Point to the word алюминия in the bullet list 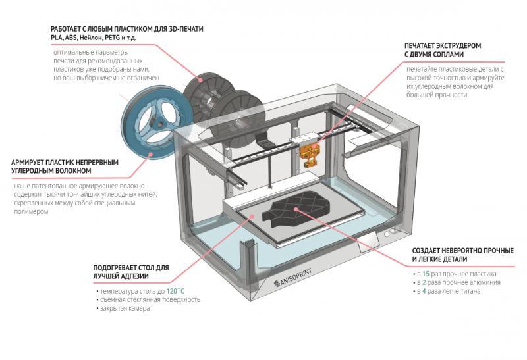(485, 282)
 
